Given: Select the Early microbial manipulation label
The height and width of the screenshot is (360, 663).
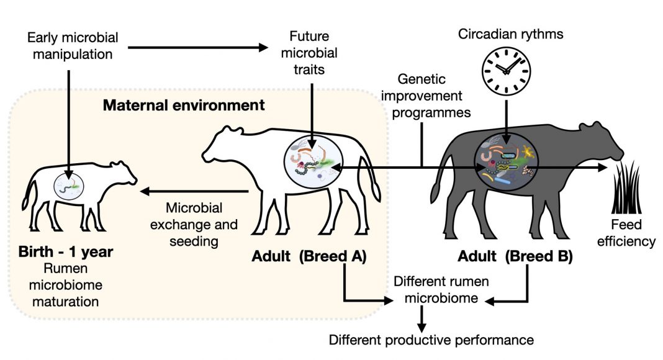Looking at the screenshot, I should (x=73, y=45).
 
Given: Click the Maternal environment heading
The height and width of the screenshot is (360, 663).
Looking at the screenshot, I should (x=184, y=105).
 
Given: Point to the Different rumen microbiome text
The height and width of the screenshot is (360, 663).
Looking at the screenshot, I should (x=441, y=289).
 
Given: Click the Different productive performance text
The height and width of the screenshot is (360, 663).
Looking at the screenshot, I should (x=431, y=340).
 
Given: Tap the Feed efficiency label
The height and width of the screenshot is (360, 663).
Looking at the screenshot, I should (x=626, y=233).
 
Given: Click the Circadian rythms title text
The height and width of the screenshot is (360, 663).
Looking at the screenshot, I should (x=511, y=34).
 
